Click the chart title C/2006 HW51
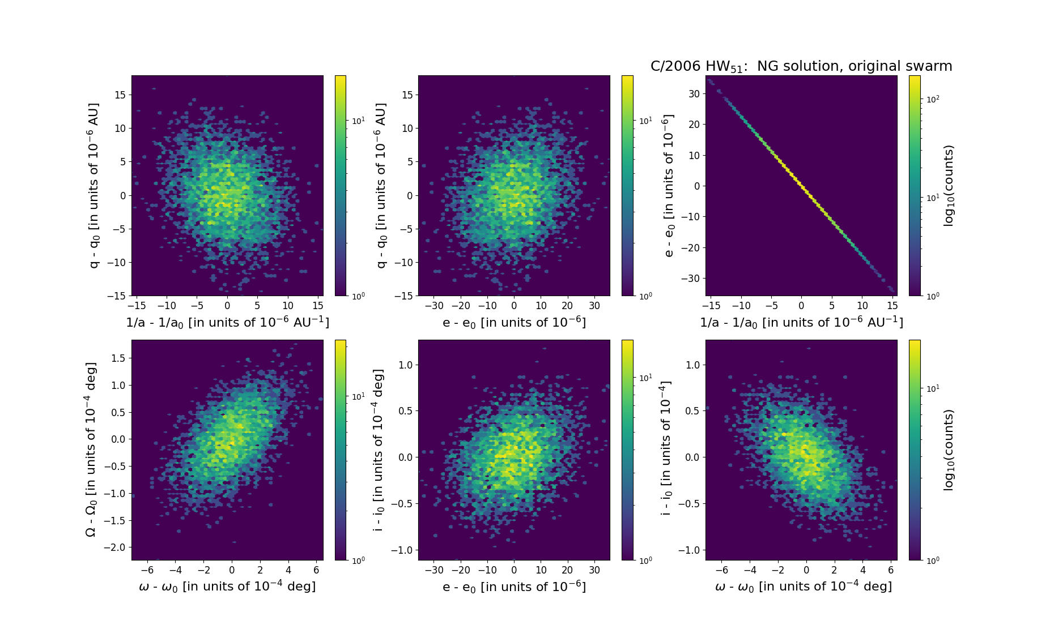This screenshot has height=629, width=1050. coord(801,66)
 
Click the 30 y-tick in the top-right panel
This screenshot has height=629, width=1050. coord(694,94)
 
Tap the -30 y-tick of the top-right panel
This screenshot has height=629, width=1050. coord(691,279)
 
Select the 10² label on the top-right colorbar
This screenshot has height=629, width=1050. coord(932,100)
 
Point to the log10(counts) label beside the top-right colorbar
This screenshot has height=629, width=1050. coord(949,186)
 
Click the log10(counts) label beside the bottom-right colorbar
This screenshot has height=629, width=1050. coord(949,450)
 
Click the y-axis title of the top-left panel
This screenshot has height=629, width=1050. coord(94,186)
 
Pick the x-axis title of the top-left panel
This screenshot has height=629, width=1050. coord(227,322)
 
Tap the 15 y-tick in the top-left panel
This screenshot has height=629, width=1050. coord(120,95)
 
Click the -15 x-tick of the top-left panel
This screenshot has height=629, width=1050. coord(137,306)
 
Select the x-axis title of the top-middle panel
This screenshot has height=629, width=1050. coord(514,322)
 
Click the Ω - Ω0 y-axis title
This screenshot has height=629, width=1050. coord(91,450)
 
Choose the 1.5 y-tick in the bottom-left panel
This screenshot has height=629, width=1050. coord(118,358)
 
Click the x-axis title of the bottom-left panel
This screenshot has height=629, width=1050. coord(227,587)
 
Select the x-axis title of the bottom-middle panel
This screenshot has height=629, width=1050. coord(514,587)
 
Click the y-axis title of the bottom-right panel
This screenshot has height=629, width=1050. coord(666,450)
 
